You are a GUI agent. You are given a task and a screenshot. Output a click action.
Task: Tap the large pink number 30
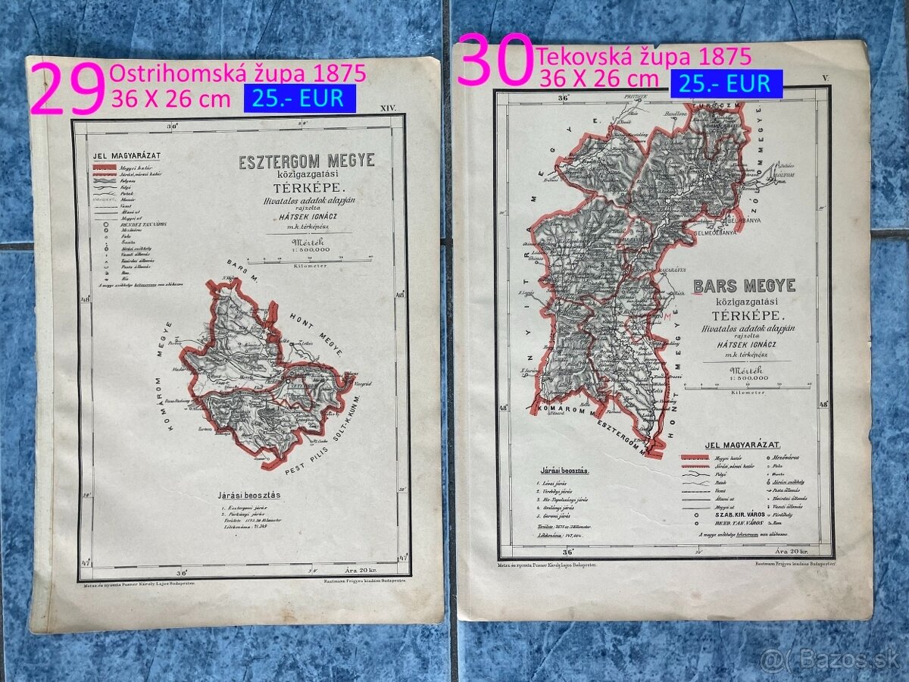494,59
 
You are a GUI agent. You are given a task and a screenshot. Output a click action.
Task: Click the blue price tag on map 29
299,98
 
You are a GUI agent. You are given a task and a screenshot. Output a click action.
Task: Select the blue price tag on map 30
725,83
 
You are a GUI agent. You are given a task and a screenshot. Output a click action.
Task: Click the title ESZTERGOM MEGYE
306,161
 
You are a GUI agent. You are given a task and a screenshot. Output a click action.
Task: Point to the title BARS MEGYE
744,286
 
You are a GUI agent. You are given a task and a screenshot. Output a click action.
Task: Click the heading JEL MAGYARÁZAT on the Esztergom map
121,156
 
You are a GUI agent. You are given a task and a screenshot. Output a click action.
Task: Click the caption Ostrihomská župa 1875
238,74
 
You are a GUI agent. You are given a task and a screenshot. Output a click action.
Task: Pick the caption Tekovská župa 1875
644,55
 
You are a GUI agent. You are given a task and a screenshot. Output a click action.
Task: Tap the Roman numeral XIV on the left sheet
387,110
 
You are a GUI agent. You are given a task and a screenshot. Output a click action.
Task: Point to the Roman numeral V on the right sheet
826,78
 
